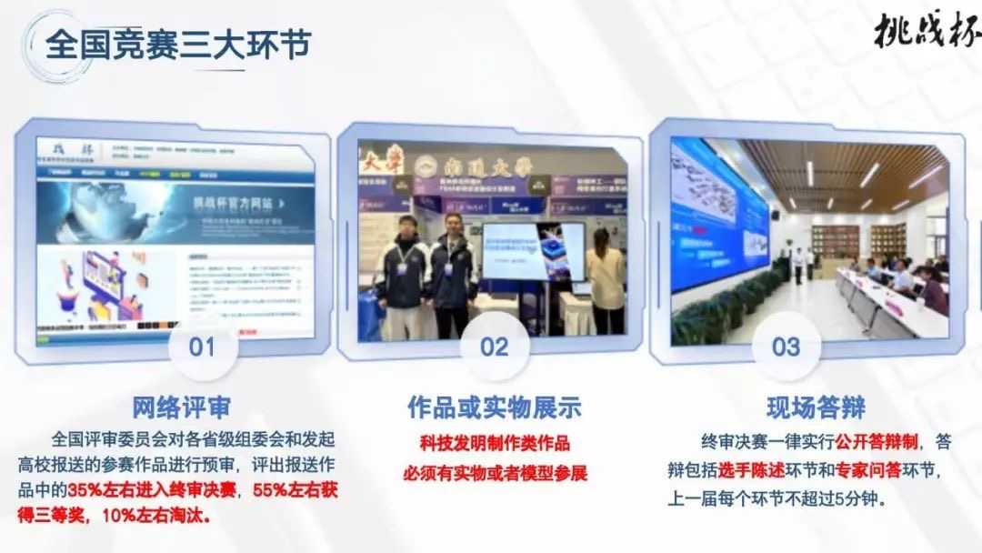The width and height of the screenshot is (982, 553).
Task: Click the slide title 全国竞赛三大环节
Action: pyautogui.click(x=177, y=44)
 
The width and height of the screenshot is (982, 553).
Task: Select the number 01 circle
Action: pyautogui.click(x=202, y=347)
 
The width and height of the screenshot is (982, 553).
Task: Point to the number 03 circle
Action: pyautogui.click(x=786, y=347)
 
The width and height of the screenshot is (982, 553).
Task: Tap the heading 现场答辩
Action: pyautogui.click(x=803, y=406)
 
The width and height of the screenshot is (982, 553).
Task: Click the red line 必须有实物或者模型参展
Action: pyautogui.click(x=495, y=473)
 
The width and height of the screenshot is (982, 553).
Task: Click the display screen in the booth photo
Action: pyautogui.click(x=533, y=249)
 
